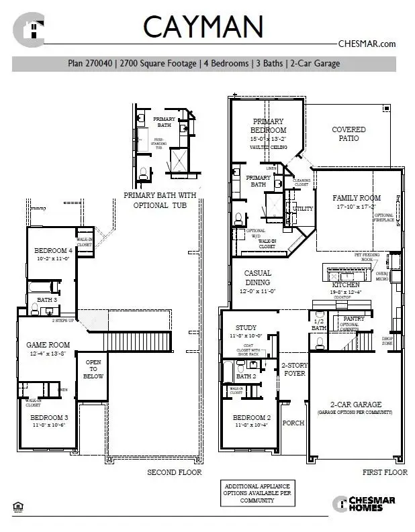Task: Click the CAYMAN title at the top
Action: tap(202, 27)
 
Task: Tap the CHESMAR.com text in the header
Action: tap(366, 44)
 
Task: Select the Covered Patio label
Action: tap(349, 134)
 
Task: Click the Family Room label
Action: tap(357, 198)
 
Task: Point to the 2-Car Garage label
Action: tap(355, 405)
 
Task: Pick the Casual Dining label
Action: tap(257, 278)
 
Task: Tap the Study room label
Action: tap(246, 328)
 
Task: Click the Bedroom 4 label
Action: tap(53, 251)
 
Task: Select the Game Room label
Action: tap(48, 345)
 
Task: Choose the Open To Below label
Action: tap(93, 369)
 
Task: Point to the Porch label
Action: tap(293, 423)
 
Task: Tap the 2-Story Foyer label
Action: tap(293, 369)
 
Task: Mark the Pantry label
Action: tap(353, 319)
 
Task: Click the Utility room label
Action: tap(304, 209)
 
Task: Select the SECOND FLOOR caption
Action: tap(175, 472)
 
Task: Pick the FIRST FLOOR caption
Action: tap(385, 472)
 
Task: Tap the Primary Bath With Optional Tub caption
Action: tap(160, 200)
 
